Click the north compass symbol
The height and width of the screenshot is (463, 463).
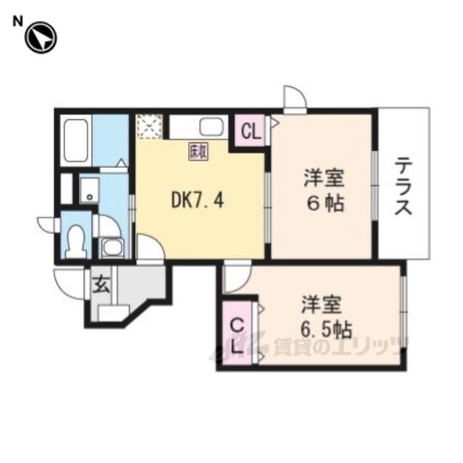click(x=41, y=38)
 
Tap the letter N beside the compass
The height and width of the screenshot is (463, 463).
click(x=17, y=21)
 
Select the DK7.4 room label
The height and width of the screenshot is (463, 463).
click(x=197, y=201)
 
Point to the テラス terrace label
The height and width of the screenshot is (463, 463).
click(x=404, y=187)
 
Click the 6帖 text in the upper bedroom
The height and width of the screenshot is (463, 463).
click(x=325, y=203)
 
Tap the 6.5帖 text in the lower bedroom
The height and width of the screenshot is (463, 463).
click(x=326, y=330)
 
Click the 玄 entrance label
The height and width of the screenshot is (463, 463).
click(x=101, y=284)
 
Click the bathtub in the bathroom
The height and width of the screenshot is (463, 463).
click(x=76, y=141)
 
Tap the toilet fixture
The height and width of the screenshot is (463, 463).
click(x=76, y=241)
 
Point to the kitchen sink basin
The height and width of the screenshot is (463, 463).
click(x=211, y=127)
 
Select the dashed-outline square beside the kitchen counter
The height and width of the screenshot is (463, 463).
click(x=150, y=127)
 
